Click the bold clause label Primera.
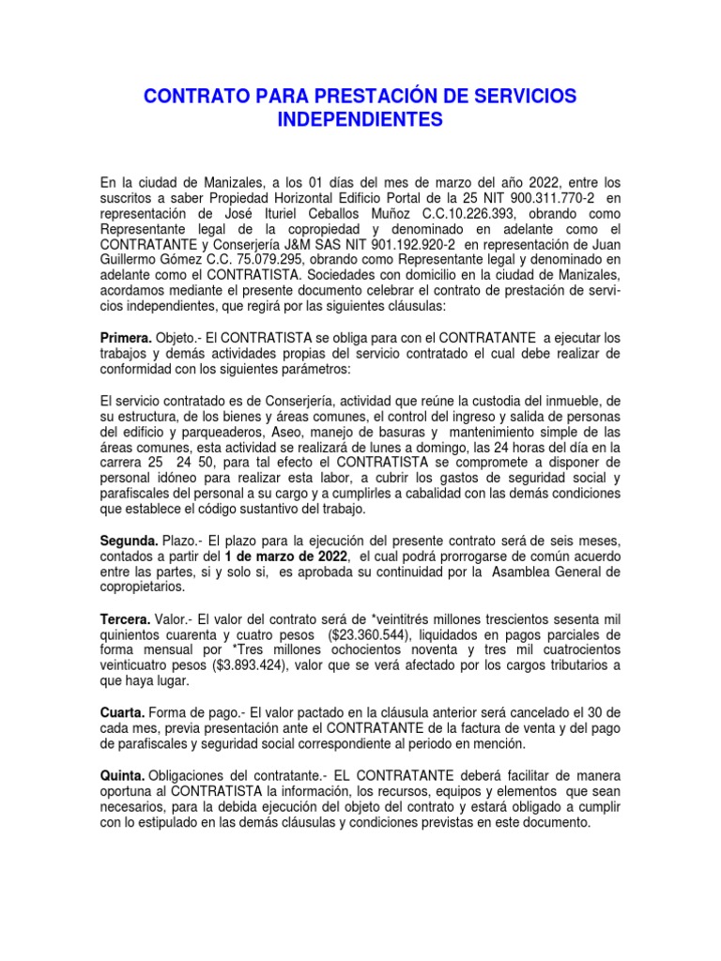(126, 337)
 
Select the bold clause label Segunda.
(128, 542)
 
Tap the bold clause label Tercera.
(126, 622)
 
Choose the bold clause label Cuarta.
(123, 711)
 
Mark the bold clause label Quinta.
(122, 775)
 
